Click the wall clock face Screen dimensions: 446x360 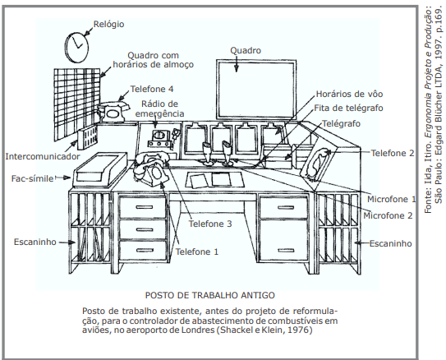[x=76, y=47]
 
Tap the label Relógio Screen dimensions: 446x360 [x=109, y=24]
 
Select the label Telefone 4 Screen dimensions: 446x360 [x=152, y=89]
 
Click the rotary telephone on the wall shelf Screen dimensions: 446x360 [x=113, y=112]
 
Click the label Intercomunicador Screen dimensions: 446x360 [x=43, y=156]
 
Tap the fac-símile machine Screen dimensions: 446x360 [x=99, y=169]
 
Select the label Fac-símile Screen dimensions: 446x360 [x=32, y=178]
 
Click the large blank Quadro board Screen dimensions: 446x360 [x=256, y=90]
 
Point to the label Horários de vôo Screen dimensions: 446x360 [x=349, y=94]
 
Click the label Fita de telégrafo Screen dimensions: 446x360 [x=348, y=108]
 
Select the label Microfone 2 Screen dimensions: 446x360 [x=388, y=215]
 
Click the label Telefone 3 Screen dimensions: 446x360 [x=210, y=224]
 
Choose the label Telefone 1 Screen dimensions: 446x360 [x=197, y=252]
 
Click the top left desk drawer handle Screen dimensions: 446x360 [x=145, y=207]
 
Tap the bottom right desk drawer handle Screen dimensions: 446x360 [x=286, y=251]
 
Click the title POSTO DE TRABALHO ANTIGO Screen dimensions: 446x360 [x=210, y=295]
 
